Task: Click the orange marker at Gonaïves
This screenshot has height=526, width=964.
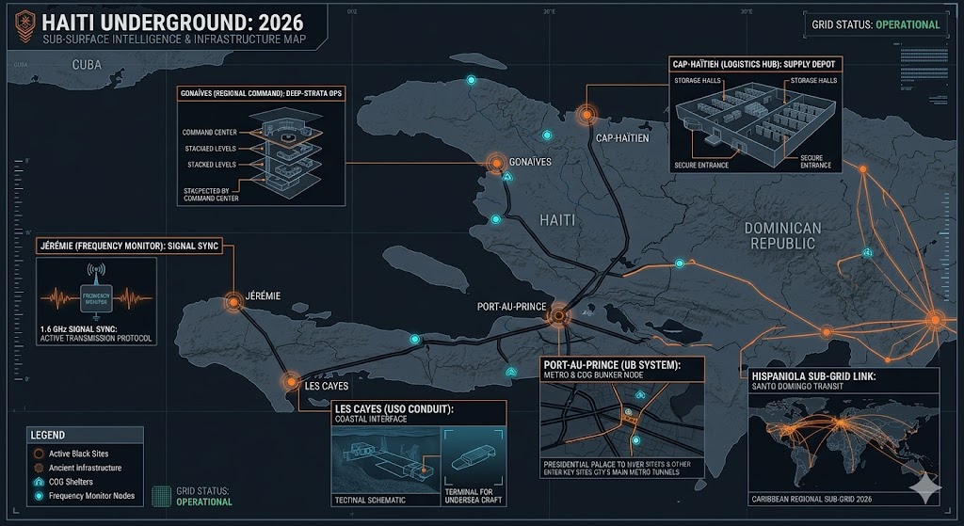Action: (494, 163)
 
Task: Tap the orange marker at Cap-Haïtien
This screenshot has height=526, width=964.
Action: (587, 115)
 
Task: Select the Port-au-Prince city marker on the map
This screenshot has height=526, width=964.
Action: (557, 316)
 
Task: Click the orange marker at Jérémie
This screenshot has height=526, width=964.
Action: (233, 301)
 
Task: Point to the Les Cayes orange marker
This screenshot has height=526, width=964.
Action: (290, 381)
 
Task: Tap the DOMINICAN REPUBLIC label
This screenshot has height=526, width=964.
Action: (782, 235)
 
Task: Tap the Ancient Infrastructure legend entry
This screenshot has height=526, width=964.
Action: (86, 467)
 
